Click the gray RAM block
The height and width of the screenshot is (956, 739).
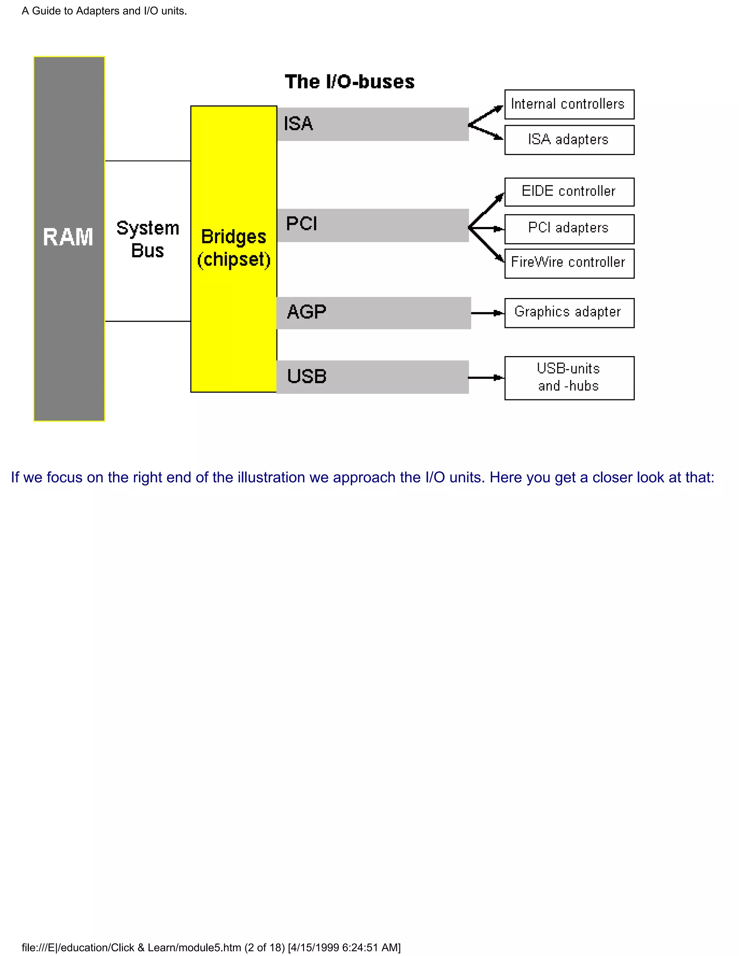(69, 238)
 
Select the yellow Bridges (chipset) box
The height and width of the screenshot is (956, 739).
(233, 249)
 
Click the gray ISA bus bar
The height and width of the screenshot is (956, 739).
(372, 124)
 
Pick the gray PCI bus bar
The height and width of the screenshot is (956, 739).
(372, 225)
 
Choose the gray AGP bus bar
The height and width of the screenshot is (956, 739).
(373, 313)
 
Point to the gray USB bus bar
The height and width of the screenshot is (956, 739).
(372, 377)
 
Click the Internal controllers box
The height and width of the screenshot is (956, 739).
(569, 105)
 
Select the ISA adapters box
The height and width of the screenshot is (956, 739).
(569, 140)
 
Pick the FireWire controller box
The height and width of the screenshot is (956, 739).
(569, 263)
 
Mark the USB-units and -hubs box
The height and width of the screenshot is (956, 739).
(569, 378)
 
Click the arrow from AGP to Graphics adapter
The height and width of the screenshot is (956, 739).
(487, 313)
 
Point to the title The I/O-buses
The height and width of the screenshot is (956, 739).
(349, 82)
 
